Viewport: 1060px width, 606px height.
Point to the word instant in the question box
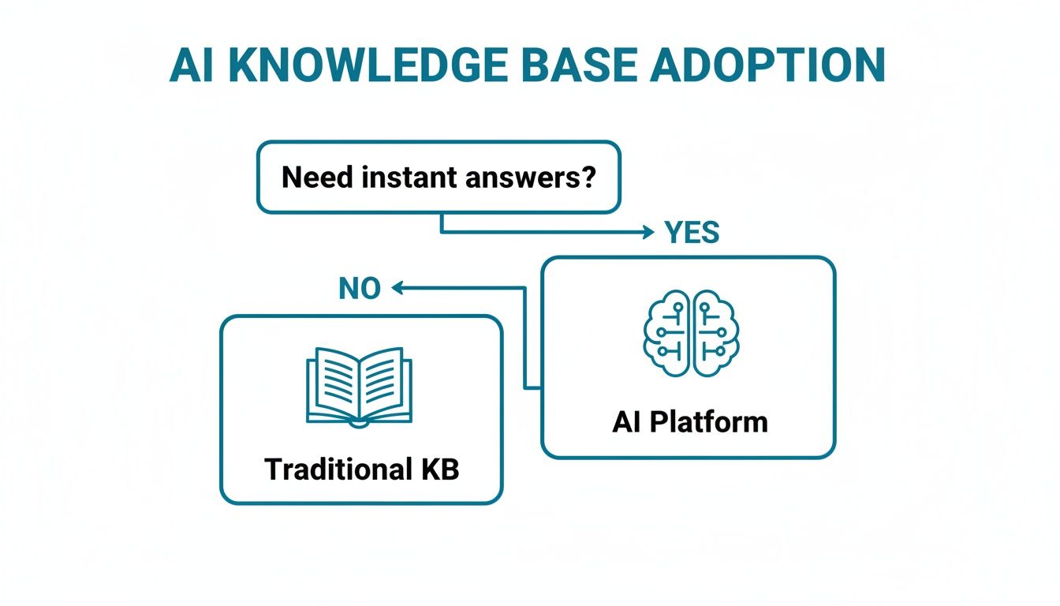(x=412, y=177)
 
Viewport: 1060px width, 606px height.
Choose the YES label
(x=692, y=233)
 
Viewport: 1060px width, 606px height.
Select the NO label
(x=360, y=290)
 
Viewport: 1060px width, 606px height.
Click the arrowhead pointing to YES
(x=648, y=232)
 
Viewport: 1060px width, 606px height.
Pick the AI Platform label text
(x=689, y=422)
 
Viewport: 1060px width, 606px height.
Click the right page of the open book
(x=386, y=384)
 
